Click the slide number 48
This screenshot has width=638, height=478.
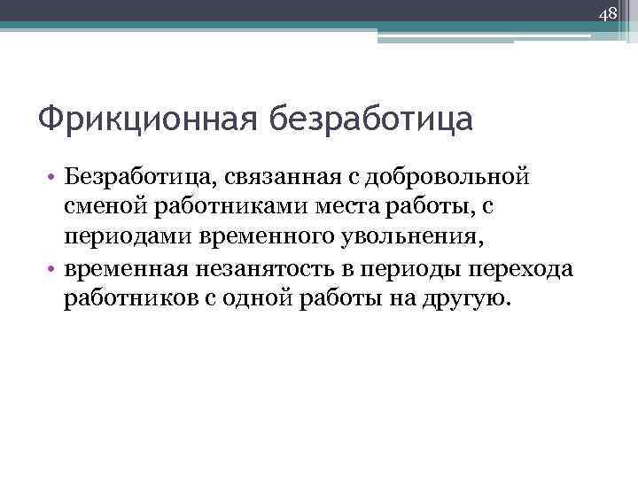pyautogui.click(x=607, y=14)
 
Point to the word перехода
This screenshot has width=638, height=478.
pyautogui.click(x=526, y=268)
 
